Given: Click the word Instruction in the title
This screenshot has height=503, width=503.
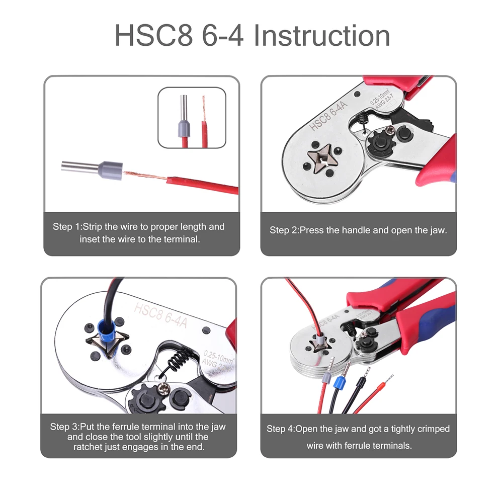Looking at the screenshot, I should pyautogui.click(x=322, y=36).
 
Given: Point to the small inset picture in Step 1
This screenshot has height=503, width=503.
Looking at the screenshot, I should pyautogui.click(x=192, y=117).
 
